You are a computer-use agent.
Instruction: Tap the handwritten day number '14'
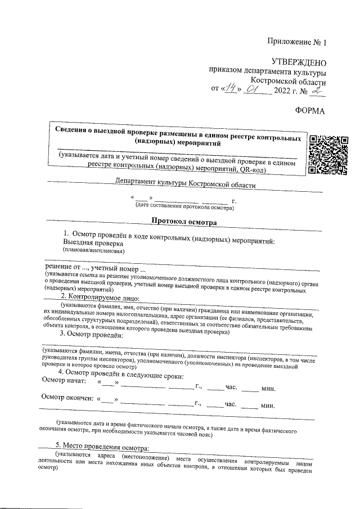231,90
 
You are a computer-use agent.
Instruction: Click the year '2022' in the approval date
283,91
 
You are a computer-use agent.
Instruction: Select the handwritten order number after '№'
319,89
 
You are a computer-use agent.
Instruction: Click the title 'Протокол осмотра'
183,223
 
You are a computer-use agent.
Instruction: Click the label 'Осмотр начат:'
65,383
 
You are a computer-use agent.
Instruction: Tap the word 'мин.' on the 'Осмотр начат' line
268,389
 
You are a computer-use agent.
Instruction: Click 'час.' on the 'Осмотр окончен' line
230,404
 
